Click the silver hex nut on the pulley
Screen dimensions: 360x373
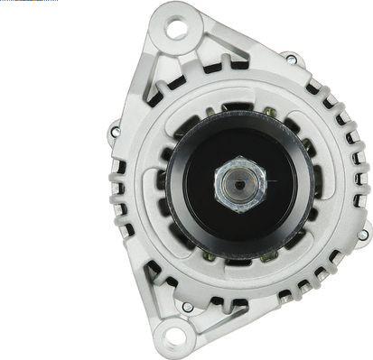240,184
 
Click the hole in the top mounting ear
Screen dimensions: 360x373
177,28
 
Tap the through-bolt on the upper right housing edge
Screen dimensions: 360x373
292,60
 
